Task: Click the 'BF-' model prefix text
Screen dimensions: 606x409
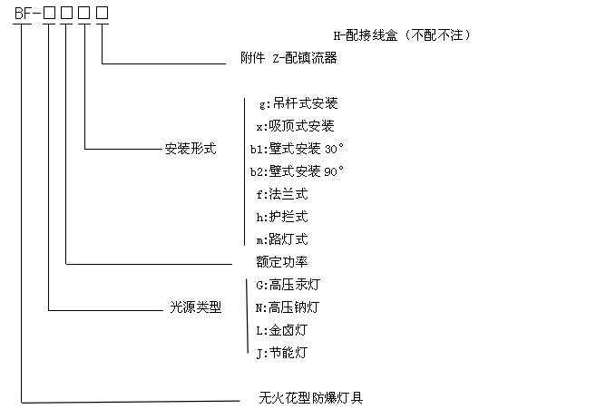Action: [27, 13]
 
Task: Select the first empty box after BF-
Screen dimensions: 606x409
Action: [49, 13]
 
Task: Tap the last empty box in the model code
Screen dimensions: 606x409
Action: [102, 13]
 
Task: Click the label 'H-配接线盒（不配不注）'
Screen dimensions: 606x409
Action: [402, 35]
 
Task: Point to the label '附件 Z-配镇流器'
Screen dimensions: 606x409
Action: [288, 58]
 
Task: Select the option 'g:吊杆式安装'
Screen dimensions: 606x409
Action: [298, 103]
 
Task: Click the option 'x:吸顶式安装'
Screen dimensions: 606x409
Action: [295, 126]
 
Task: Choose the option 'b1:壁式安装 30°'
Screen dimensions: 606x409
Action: [297, 149]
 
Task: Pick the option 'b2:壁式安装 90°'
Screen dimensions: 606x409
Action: [297, 171]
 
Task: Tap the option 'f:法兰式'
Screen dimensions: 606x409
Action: [282, 194]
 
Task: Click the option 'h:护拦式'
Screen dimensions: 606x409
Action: [282, 217]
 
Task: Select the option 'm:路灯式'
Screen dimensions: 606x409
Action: [282, 239]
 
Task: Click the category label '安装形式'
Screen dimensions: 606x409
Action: [191, 149]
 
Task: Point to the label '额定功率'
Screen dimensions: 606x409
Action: [282, 262]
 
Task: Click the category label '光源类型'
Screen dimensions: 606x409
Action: [196, 307]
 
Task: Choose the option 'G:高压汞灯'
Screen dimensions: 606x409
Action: [288, 285]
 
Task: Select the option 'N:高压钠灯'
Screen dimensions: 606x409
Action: [288, 307]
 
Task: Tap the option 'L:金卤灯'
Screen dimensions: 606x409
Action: [282, 330]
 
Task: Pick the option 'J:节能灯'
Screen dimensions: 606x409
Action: [282, 353]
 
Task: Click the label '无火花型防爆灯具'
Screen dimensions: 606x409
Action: [311, 398]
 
